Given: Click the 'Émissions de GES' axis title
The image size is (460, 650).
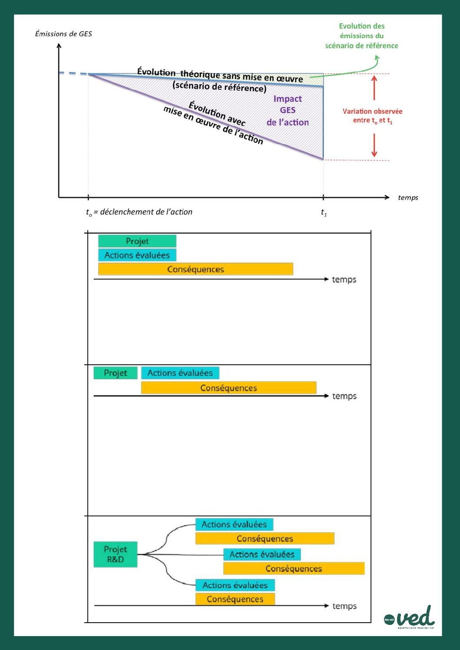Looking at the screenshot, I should [63, 34].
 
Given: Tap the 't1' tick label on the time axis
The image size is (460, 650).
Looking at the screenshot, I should [324, 212].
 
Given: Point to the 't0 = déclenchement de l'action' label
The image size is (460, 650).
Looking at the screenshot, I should [139, 212].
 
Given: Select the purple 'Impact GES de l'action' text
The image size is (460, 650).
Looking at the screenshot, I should [288, 111].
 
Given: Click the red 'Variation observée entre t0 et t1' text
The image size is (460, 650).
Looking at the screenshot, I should [373, 115].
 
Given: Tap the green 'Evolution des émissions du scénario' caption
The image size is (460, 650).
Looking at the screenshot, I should [362, 36].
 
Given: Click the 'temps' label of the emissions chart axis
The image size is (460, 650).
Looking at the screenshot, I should [408, 198].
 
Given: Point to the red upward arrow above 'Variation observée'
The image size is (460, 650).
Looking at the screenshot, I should [374, 87].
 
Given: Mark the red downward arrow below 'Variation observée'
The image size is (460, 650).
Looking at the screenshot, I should [374, 145].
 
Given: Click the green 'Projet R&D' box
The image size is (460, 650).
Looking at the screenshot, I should [116, 554].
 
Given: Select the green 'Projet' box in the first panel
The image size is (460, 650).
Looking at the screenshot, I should [137, 241].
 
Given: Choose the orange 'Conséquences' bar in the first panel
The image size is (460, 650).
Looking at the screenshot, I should [195, 269].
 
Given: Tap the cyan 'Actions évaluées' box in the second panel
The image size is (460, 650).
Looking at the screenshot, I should [180, 373].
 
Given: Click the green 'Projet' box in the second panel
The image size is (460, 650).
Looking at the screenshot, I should [116, 373].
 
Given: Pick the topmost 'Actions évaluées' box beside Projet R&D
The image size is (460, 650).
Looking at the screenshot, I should [234, 525].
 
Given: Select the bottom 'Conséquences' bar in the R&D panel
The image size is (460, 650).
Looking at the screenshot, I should [235, 599].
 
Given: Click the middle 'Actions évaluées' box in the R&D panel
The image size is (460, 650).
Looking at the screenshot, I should [262, 554].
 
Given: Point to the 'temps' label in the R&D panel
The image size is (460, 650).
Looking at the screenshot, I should [344, 606].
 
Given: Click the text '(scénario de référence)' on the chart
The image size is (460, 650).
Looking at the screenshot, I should [219, 87].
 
